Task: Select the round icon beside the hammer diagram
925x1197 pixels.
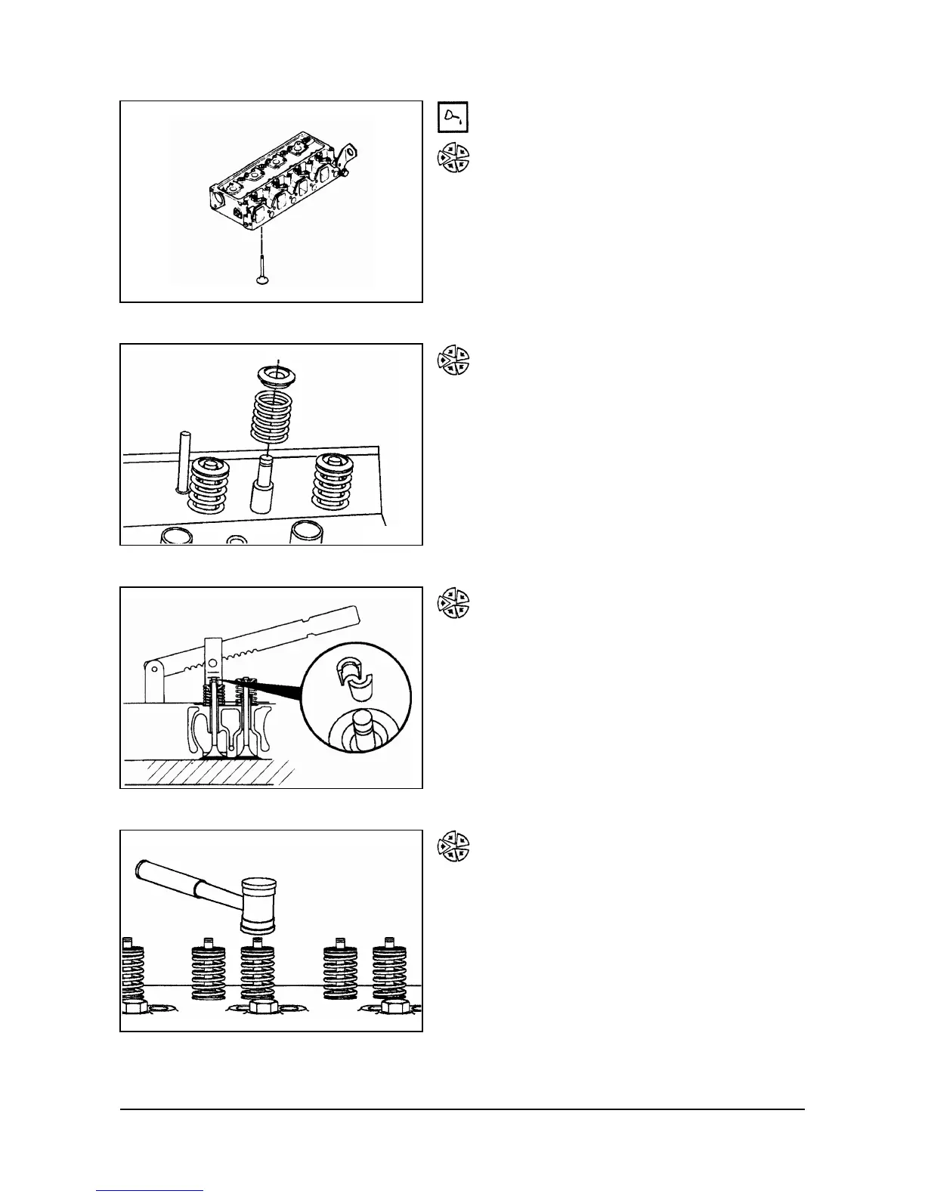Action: tap(453, 846)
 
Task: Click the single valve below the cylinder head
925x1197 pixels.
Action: tap(261, 272)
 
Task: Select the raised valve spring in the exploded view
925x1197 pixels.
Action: tap(271, 416)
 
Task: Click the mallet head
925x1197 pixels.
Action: tap(259, 905)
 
